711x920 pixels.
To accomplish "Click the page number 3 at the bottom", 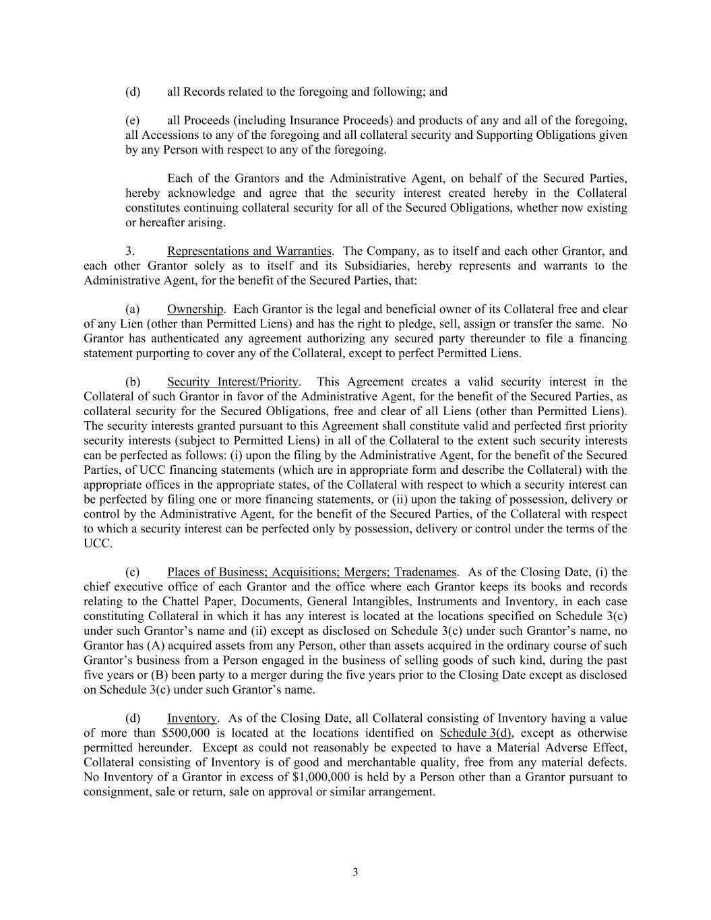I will click(x=355, y=872).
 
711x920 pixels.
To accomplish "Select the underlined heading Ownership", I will click(x=195, y=309).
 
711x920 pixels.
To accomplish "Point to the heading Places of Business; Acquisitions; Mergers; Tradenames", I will click(x=311, y=572).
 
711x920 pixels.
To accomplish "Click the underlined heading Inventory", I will click(x=192, y=718).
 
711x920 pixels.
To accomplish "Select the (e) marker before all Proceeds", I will click(x=133, y=121).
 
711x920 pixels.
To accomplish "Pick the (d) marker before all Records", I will click(x=133, y=92).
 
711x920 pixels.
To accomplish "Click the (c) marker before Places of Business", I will click(x=133, y=572).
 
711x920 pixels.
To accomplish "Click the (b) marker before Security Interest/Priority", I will click(x=133, y=382).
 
